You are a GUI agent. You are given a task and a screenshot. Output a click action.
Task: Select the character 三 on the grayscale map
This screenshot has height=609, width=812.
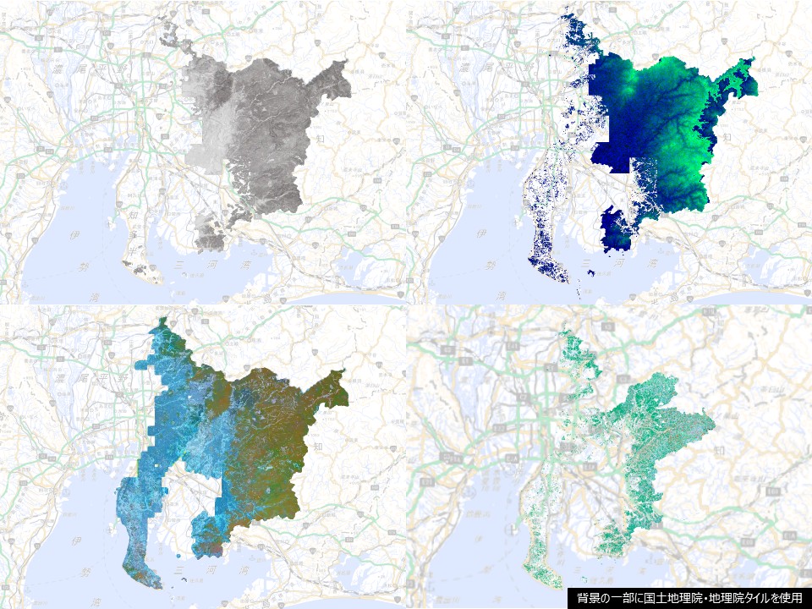click(x=178, y=265)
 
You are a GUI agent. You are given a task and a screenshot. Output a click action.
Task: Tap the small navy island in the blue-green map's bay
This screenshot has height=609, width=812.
click(x=590, y=272)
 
